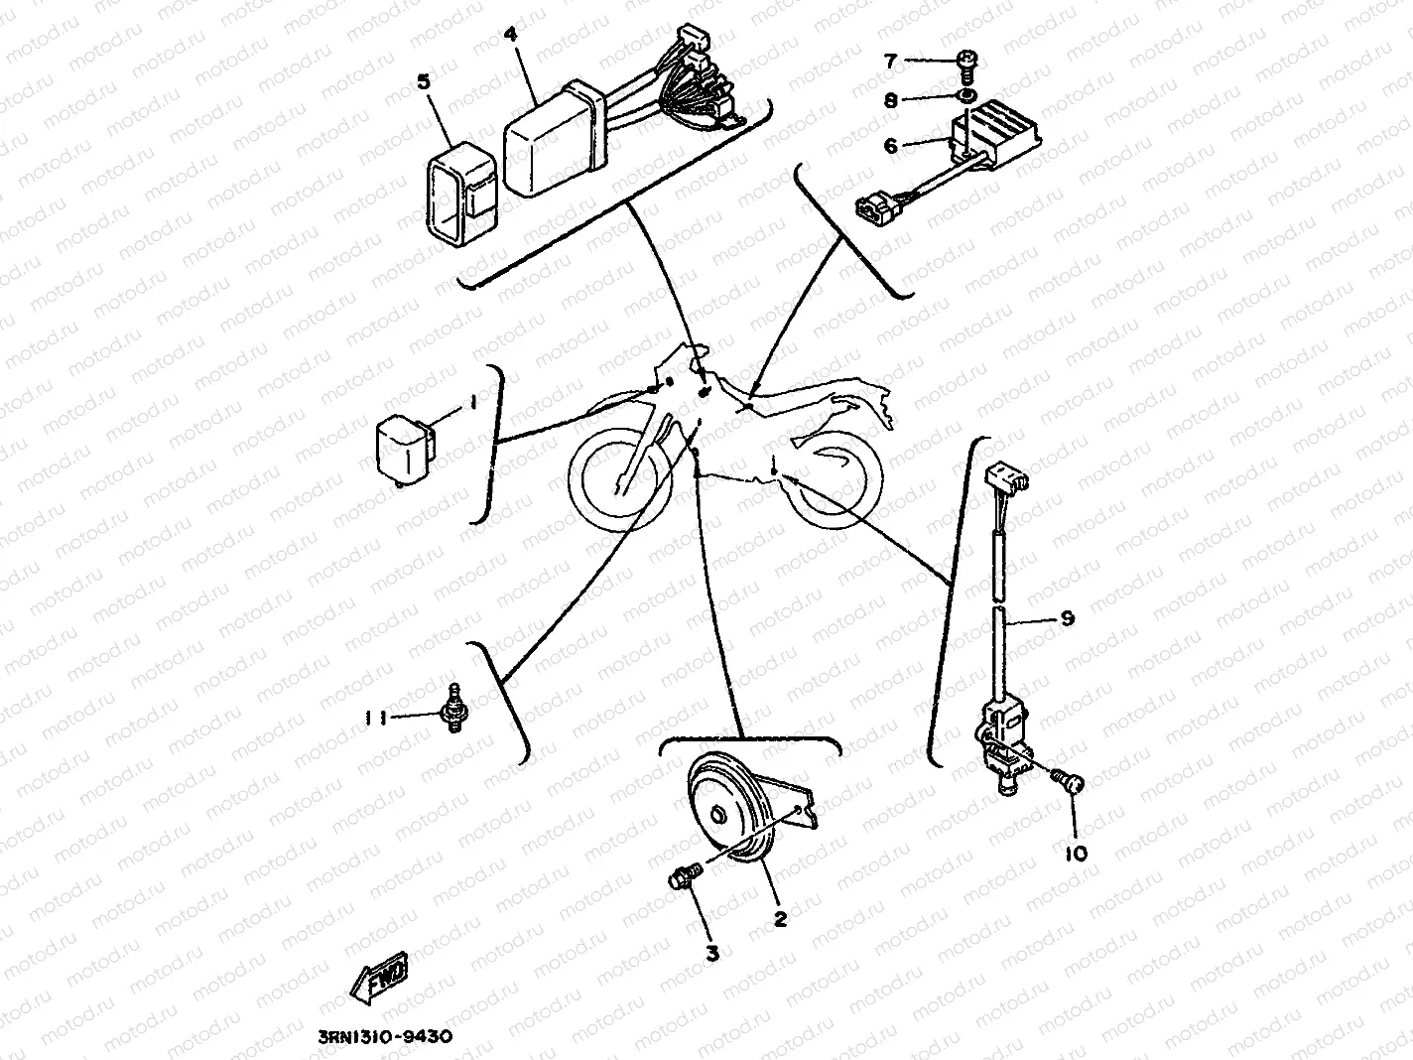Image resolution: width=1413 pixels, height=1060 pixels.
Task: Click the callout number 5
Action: pyautogui.click(x=424, y=81)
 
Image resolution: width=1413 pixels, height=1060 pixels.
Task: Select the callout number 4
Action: pyautogui.click(x=510, y=35)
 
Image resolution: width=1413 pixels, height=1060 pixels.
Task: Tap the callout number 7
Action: pyautogui.click(x=890, y=62)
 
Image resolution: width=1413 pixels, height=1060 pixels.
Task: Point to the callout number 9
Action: pyautogui.click(x=1068, y=618)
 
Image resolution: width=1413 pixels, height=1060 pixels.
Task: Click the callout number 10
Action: pyautogui.click(x=1076, y=853)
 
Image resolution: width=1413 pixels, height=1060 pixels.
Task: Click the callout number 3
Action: pyautogui.click(x=711, y=953)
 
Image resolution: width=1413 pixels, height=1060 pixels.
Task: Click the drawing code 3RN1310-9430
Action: pyautogui.click(x=387, y=1036)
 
